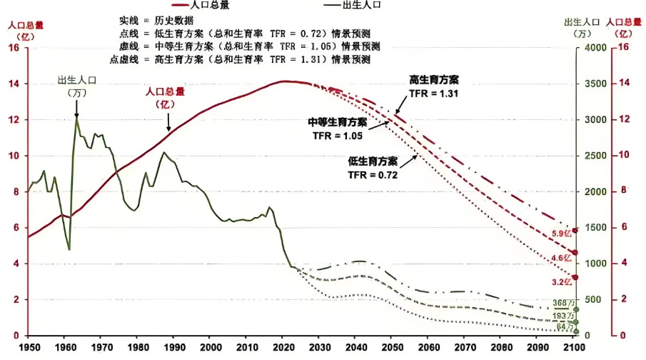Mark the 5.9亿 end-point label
pos(561,234)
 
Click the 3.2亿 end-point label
pos(561,281)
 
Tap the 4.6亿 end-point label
pos(561,258)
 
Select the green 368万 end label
pos(562,303)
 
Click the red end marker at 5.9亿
pos(575,231)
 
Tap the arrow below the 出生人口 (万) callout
pos(76,107)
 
